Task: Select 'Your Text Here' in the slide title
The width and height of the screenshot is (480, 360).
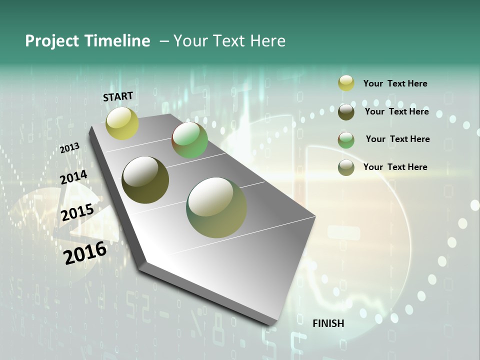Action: (229, 41)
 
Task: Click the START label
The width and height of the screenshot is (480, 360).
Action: (118, 96)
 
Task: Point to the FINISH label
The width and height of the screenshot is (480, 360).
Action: (328, 323)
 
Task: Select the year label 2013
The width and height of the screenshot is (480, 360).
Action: (70, 148)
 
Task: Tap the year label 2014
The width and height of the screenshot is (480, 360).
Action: (73, 177)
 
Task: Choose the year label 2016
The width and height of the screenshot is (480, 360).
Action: (85, 253)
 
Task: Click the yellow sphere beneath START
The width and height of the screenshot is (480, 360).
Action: (122, 123)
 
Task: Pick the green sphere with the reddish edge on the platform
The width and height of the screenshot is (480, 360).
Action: (190, 140)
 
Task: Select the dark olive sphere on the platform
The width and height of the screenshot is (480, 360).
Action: (145, 180)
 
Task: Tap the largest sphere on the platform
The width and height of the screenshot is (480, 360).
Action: (216, 207)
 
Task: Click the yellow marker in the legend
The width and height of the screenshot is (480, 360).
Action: (346, 83)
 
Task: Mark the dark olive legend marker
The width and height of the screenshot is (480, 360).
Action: (346, 112)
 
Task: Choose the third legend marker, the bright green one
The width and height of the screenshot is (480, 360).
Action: (346, 140)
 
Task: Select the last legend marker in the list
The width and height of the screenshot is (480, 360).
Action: (346, 167)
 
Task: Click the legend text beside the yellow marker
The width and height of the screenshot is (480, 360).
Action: (395, 83)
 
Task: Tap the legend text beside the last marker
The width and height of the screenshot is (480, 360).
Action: (395, 167)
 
